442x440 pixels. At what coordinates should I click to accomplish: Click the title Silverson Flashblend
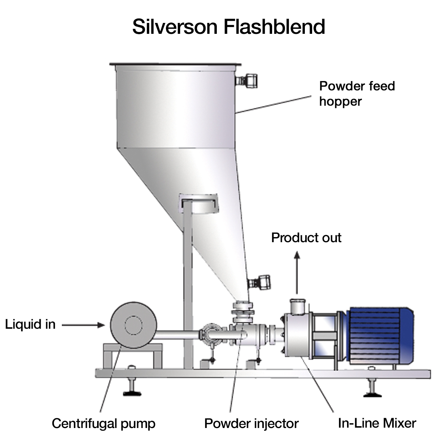(228, 27)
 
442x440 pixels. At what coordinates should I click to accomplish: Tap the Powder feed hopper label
(357, 93)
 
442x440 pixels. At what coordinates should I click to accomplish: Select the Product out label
(306, 238)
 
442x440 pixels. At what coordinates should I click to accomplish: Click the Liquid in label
(30, 324)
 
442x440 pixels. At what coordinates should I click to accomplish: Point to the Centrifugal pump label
(103, 423)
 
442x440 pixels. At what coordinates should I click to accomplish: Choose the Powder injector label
(251, 423)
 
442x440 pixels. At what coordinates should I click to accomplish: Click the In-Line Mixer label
(377, 423)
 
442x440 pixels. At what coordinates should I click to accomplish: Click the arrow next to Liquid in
(83, 325)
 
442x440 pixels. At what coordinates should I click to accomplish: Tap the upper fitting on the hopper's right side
(247, 80)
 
